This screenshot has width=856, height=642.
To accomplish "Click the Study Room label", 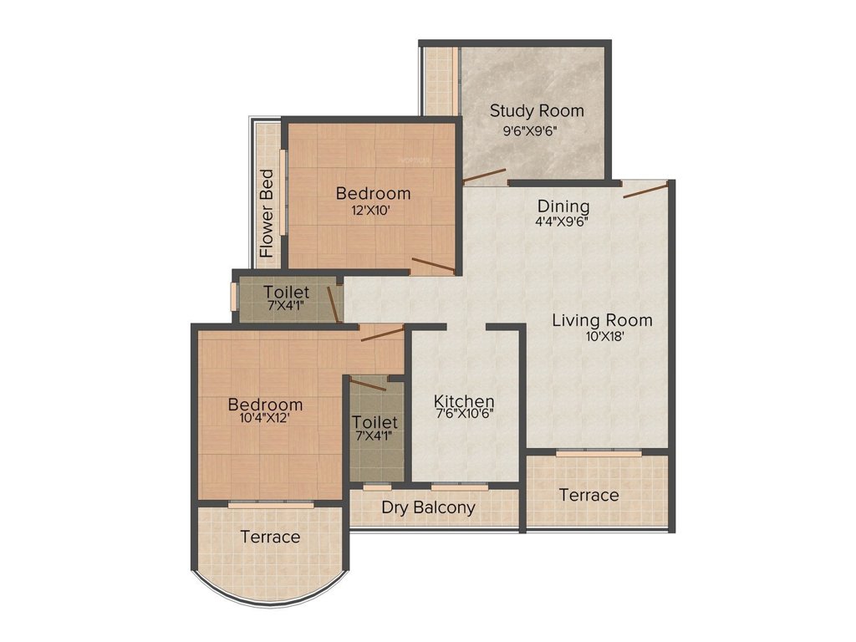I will [537, 110].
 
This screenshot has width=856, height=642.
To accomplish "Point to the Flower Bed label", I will [267, 213].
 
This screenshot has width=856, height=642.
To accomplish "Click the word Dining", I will [563, 206].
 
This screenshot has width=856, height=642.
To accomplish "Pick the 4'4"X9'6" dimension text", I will [563, 222].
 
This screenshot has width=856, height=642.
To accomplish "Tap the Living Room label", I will [602, 320].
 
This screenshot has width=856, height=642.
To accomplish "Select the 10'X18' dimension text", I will [602, 337].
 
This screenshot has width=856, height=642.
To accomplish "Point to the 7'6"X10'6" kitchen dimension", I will [466, 413].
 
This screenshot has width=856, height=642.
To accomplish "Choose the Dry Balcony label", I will [428, 507].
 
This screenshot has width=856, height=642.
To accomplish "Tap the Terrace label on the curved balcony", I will [269, 537].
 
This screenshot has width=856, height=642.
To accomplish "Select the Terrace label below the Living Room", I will [589, 495].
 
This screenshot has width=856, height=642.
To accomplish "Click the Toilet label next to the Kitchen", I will [374, 422].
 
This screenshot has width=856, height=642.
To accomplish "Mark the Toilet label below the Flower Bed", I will [287, 293].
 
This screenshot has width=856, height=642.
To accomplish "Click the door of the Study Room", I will [485, 176].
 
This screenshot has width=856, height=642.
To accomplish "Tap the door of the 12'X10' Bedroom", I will [433, 266].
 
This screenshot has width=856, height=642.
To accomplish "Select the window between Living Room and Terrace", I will [599, 452].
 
